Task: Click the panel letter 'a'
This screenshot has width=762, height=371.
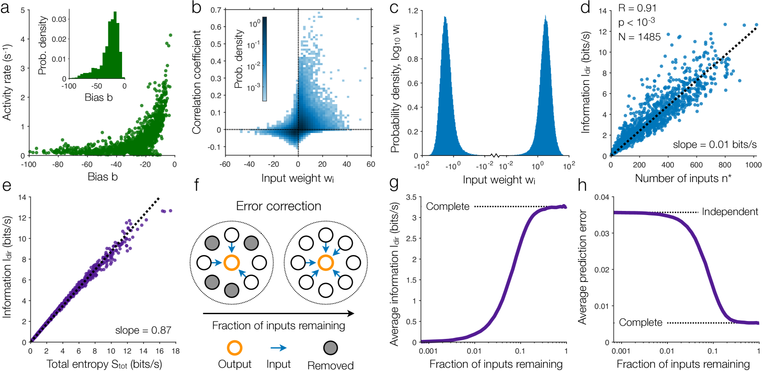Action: pyautogui.click(x=5, y=8)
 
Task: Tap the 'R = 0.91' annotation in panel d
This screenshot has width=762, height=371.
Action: pyautogui.click(x=637, y=8)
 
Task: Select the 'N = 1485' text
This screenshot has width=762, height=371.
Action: pyautogui.click(x=639, y=37)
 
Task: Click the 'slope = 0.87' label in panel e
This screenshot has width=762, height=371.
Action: pyautogui.click(x=143, y=330)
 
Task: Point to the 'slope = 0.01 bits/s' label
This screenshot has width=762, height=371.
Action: pyautogui.click(x=714, y=145)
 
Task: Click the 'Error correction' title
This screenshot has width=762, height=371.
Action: pyautogui.click(x=278, y=206)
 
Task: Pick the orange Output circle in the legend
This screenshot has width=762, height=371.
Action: pyautogui.click(x=234, y=348)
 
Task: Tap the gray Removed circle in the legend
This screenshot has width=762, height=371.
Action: pyautogui.click(x=330, y=348)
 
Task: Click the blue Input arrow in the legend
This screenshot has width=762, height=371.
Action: pyautogui.click(x=278, y=348)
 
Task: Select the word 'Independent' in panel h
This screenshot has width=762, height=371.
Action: pyautogui.click(x=729, y=212)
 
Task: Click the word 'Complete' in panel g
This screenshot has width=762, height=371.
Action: pyautogui.click(x=447, y=206)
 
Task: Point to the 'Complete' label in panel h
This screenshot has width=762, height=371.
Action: pyautogui.click(x=640, y=323)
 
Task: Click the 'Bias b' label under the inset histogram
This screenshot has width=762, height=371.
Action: pyautogui.click(x=99, y=97)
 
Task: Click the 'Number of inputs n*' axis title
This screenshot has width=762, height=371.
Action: pyautogui.click(x=683, y=178)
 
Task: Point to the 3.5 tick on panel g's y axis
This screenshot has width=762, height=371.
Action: pyautogui.click(x=411, y=198)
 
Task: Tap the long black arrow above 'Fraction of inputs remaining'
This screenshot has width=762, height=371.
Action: pyautogui.click(x=278, y=314)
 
